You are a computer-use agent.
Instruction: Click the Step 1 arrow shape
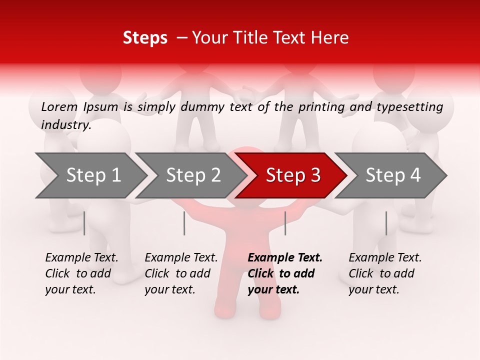93,175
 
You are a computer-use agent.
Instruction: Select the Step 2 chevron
193,175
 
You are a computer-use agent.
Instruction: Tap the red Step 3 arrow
292,175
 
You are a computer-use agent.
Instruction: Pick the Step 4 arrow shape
392,175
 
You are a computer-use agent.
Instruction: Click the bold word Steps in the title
145,38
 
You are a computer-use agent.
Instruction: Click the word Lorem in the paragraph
59,106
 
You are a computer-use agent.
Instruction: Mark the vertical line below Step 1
84,223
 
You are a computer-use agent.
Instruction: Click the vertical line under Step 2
184,223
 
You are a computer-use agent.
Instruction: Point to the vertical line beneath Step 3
285,223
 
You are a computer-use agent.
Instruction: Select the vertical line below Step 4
386,223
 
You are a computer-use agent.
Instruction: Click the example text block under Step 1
81,273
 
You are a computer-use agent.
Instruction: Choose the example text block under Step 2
181,273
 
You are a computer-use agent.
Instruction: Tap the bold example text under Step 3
285,273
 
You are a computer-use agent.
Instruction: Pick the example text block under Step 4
385,273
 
